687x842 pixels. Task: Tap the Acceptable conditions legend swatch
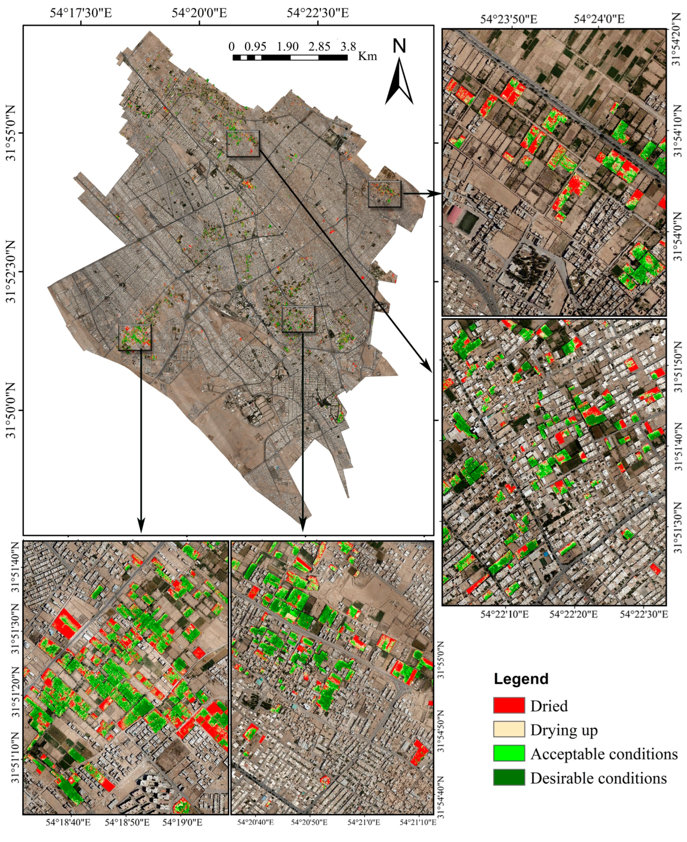pos(509,753)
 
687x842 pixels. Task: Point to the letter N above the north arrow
pos(399,46)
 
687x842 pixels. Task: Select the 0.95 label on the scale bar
pos(255,47)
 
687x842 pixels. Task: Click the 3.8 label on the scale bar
pos(348,47)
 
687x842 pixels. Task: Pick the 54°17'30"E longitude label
pos(81,13)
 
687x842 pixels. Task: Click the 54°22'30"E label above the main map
pos(318,13)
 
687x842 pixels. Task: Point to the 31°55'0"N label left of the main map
pos(11,133)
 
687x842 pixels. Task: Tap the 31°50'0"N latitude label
pos(11,410)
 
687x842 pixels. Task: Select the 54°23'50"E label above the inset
pos(509,19)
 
